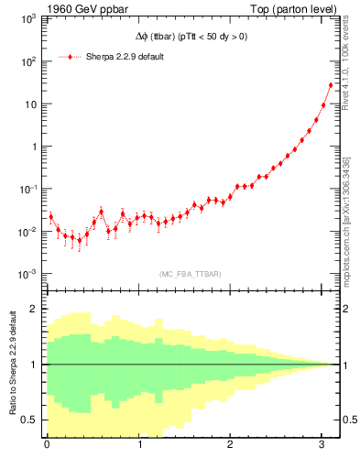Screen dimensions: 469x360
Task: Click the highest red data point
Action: click(x=331, y=85)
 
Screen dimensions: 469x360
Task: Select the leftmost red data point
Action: click(x=50, y=217)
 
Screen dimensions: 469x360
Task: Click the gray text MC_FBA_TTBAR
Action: click(x=188, y=273)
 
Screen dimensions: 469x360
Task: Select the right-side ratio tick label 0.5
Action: click(x=349, y=420)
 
